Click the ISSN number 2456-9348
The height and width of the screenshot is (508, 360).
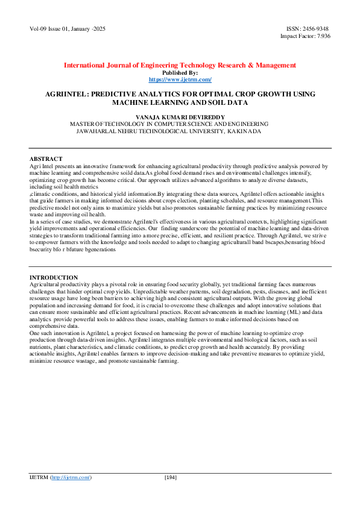[317, 28]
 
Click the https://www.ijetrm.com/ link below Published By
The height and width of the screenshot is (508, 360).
[180, 79]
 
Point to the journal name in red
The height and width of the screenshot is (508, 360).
[180, 65]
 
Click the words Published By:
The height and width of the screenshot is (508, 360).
[180, 72]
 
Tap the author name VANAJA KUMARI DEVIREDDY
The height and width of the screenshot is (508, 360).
[180, 115]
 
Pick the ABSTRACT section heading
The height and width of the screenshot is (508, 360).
[46, 158]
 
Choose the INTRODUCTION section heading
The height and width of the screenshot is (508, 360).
[53, 277]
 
